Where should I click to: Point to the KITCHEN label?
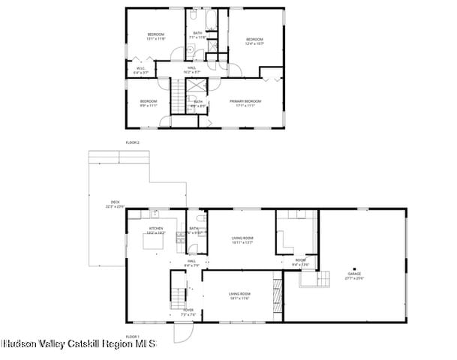(x=156, y=229)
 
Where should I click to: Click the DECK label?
(x=116, y=203)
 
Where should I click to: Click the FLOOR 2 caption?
(x=133, y=142)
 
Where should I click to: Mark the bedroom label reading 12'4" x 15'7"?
(x=254, y=41)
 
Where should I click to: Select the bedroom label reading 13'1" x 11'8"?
(x=155, y=36)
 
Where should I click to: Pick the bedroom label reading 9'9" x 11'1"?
(x=148, y=103)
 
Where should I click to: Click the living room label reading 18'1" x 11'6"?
(x=239, y=295)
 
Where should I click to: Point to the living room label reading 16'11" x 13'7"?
(x=242, y=240)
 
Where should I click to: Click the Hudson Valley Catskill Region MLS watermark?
(x=78, y=343)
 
